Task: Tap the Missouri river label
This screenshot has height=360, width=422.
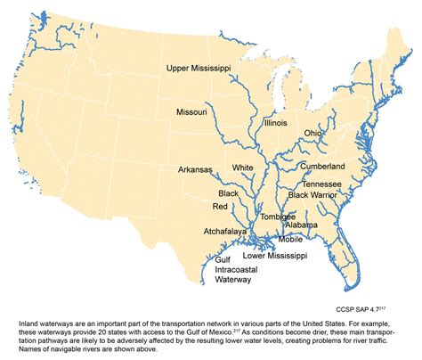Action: point(191,112)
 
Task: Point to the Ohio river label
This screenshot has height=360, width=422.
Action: point(313,133)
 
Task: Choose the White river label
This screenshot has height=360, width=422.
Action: point(242,168)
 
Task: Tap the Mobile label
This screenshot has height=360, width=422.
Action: point(290,239)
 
